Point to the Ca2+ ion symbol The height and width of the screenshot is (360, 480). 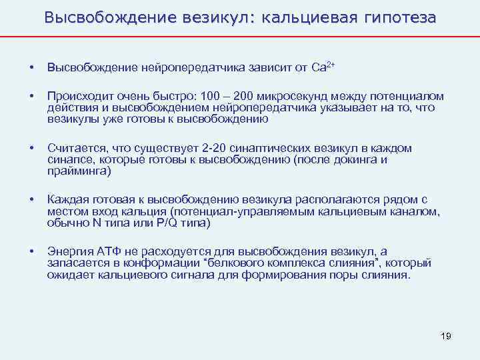323,67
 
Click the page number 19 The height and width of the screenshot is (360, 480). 446,336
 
